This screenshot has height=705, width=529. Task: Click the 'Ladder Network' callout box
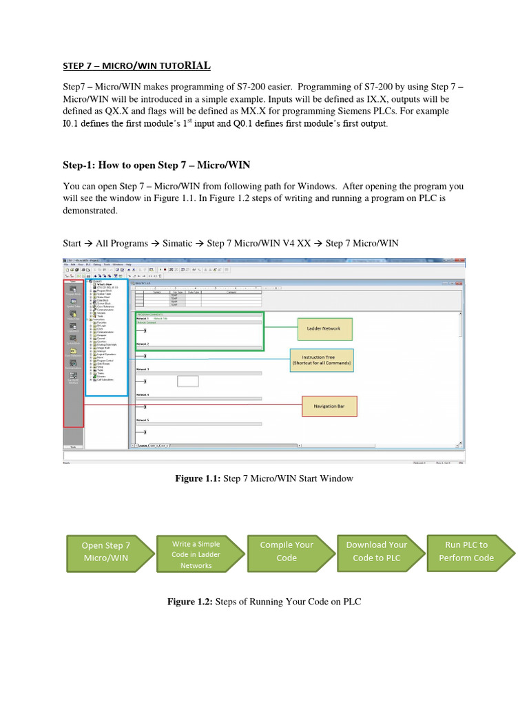click(x=324, y=329)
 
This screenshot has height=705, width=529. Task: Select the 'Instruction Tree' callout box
click(x=322, y=360)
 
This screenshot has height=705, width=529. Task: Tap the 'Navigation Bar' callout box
click(x=330, y=406)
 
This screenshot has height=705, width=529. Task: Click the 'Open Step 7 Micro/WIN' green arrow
click(x=106, y=551)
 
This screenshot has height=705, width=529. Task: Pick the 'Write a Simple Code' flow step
click(x=196, y=554)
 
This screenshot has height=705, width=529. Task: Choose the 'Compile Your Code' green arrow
click(x=287, y=551)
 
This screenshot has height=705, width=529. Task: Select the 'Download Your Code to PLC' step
click(x=377, y=551)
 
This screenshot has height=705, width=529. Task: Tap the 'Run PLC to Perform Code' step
click(x=466, y=551)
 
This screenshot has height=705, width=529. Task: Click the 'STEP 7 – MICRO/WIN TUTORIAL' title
click(x=136, y=66)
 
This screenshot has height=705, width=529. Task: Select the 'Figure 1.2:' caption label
click(x=191, y=602)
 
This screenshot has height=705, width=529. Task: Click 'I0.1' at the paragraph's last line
click(x=72, y=124)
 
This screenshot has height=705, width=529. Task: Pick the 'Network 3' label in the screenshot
click(x=143, y=370)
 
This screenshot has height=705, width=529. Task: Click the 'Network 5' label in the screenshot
click(x=143, y=419)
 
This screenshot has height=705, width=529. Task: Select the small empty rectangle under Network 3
click(x=187, y=381)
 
